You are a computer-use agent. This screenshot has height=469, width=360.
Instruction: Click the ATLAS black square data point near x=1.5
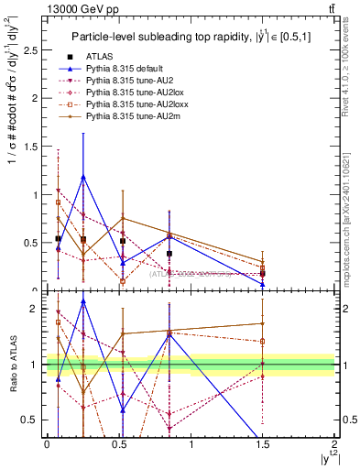click(263, 273)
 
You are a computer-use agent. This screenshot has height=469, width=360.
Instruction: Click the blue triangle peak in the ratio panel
click(83, 300)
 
